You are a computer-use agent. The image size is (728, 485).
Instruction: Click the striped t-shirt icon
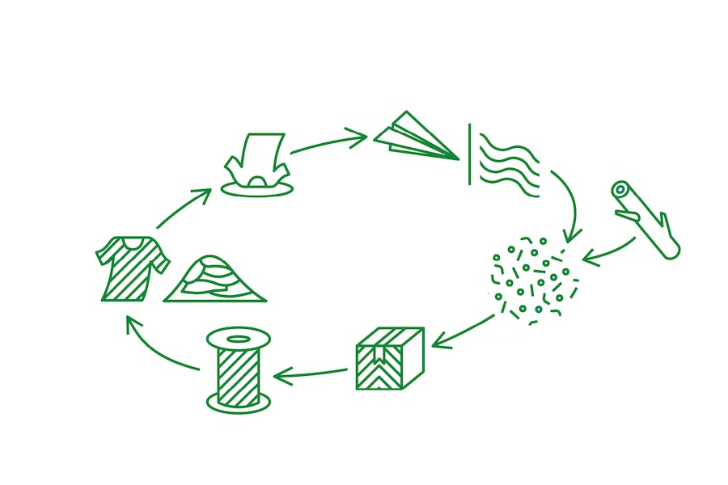coord(132,267)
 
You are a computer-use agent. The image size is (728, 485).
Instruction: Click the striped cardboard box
coord(389,357)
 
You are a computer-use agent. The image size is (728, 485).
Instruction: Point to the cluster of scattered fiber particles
coord(534,279)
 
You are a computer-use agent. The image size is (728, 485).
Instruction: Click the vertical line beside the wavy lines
coord(469,154)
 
